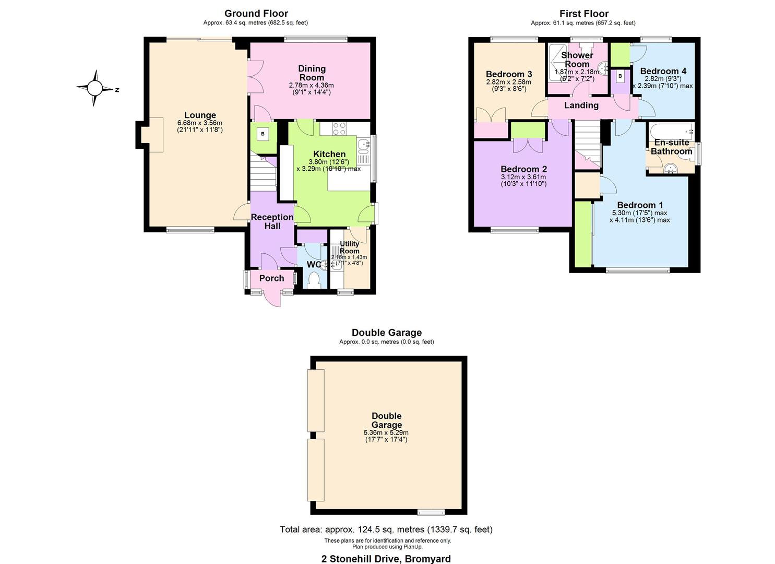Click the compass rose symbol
95,88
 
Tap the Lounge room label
200,115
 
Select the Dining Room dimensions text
311,89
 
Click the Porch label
272,278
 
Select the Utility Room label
349,247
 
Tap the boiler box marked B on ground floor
263,134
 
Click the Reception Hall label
272,221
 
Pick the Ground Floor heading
256,14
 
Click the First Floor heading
583,14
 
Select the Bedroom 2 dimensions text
523,180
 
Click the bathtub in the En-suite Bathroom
671,130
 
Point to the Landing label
581,105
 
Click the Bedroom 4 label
663,71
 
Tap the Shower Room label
577,60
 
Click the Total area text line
386,530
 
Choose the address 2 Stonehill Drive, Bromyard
386,559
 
